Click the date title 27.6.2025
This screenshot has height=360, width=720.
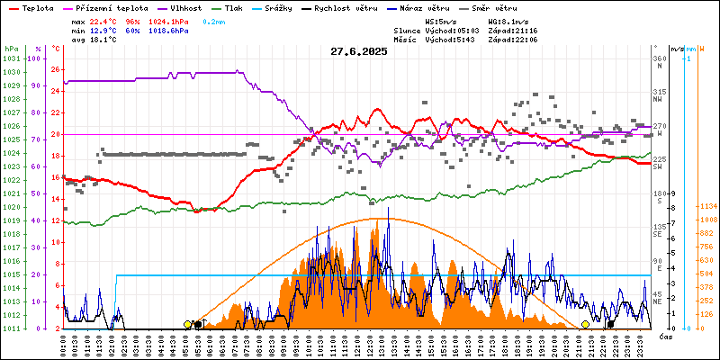[358, 51]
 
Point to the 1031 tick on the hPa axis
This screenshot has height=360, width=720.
[11, 58]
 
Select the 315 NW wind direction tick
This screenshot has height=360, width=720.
[658, 94]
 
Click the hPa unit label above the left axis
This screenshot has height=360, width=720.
[10, 48]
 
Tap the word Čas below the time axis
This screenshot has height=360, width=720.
[666, 337]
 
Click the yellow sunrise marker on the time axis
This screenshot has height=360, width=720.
[187, 324]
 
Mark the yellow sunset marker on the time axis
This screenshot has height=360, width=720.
[585, 324]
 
